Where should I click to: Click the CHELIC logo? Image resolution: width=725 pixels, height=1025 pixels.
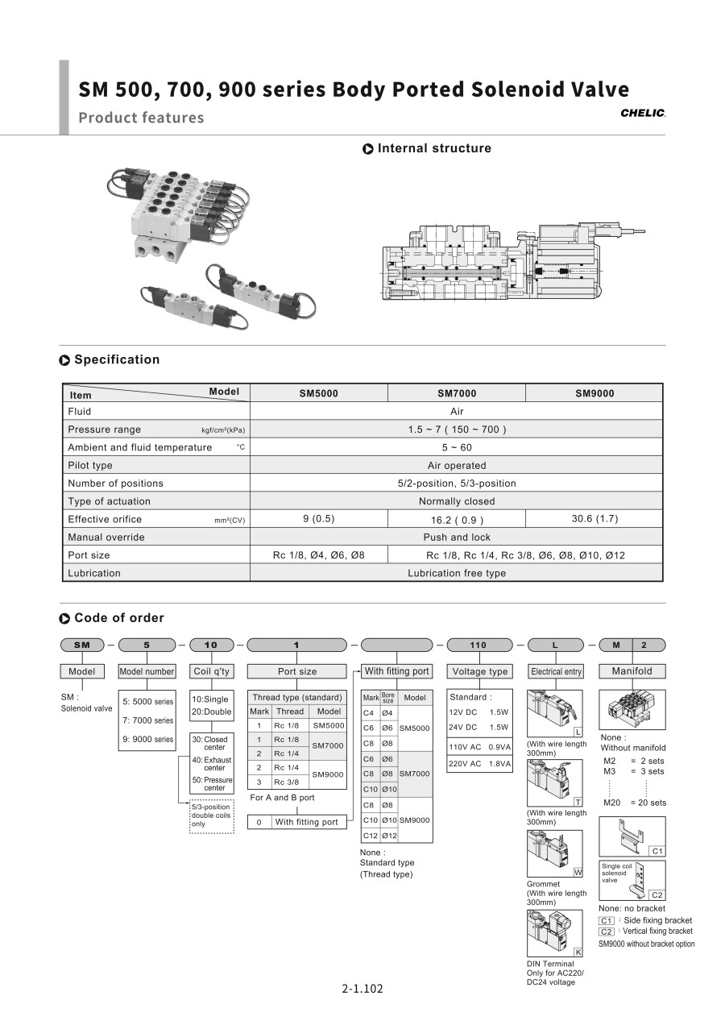point(643,114)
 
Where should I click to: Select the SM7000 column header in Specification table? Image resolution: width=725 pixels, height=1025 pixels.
point(457,393)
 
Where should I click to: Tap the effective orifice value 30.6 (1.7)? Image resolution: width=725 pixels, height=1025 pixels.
point(594,519)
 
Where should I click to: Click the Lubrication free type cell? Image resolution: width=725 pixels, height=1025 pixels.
point(457,573)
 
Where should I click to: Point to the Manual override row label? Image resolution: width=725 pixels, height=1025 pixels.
point(106,537)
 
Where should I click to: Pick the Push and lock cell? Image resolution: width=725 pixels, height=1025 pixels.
point(457,537)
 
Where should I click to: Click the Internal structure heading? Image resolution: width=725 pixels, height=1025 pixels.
point(433,148)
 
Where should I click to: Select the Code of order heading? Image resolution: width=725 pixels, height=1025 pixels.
point(118,618)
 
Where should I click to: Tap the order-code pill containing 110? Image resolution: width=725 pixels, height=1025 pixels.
point(478,645)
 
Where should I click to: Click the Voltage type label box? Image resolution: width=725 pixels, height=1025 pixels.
point(480,671)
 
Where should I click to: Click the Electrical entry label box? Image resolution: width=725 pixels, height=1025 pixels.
point(556,671)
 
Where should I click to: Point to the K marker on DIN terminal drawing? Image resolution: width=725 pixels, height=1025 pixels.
point(578,952)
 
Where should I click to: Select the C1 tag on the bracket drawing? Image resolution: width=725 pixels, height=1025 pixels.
point(657,851)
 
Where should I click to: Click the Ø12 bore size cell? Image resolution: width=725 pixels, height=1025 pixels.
point(389,836)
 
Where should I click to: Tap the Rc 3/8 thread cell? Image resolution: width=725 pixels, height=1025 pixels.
point(286,782)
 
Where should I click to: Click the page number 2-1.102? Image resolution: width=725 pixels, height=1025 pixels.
point(362,989)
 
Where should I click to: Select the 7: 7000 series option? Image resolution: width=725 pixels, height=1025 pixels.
point(147,720)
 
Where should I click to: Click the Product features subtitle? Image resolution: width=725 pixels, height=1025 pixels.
point(141,118)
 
